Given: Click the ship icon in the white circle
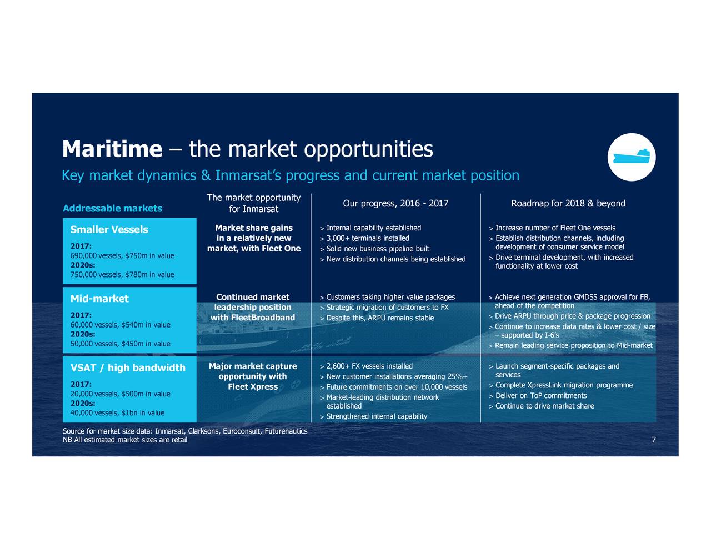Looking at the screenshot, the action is (x=631, y=156).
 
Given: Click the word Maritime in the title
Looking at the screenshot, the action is (x=112, y=149).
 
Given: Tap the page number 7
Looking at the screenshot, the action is (x=654, y=440).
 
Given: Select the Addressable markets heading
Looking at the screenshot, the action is (x=113, y=208).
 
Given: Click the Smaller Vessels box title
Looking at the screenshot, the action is (x=109, y=230).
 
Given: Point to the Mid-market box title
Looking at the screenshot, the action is (x=99, y=299).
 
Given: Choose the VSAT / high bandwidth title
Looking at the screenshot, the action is (x=128, y=367).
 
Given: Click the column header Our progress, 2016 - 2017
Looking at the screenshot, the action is (x=395, y=203).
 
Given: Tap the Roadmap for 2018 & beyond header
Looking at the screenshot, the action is (x=568, y=203).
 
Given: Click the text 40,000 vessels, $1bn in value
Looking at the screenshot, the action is (x=117, y=412).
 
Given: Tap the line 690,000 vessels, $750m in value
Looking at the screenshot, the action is (x=122, y=256).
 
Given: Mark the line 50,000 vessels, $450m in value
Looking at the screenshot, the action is (x=121, y=344).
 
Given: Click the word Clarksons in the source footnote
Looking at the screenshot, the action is (x=203, y=431).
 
